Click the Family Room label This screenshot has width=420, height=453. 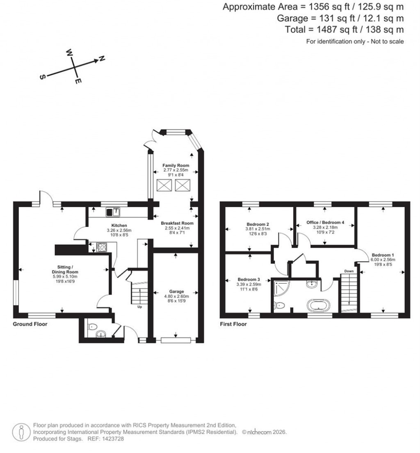click(x=176, y=165)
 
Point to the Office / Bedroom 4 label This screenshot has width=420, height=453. click(x=325, y=222)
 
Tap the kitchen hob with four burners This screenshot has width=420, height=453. click(x=101, y=247)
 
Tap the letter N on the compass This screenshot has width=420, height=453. click(x=102, y=59)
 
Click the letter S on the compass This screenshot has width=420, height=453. click(x=42, y=78)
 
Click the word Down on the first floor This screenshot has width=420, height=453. click(x=349, y=271)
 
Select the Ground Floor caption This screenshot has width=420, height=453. click(x=30, y=324)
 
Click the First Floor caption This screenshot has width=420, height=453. click(x=233, y=324)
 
